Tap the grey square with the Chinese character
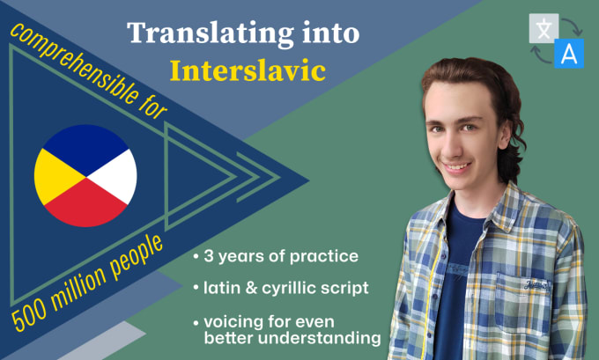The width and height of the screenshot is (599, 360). click(x=542, y=28)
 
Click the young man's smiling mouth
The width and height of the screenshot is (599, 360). click(x=461, y=165)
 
